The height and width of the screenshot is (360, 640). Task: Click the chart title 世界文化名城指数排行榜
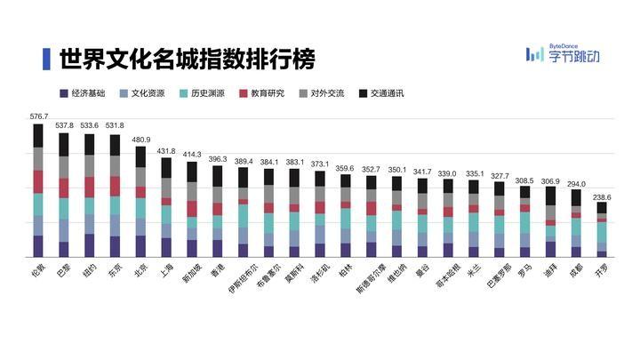(x=186, y=60)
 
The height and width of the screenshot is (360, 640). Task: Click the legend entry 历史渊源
(x=203, y=92)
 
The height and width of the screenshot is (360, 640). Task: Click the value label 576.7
(x=38, y=116)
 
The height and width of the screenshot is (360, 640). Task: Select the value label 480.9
(x=140, y=140)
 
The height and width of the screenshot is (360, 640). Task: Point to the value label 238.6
(x=602, y=196)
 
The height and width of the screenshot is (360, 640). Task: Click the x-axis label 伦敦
(x=37, y=268)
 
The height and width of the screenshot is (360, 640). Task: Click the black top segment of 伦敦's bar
(x=38, y=135)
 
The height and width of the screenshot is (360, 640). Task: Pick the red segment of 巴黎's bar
(x=64, y=188)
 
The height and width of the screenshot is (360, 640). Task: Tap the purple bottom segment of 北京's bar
(x=140, y=246)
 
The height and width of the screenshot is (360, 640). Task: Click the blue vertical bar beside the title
(x=46, y=60)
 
